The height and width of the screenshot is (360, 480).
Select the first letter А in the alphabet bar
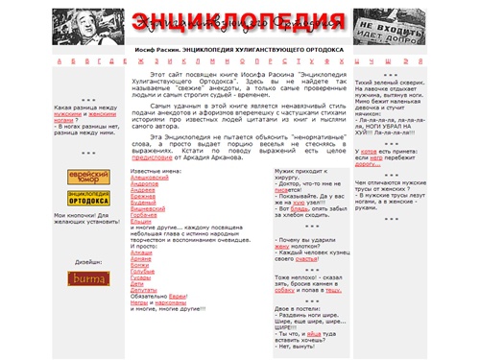coord(59,60)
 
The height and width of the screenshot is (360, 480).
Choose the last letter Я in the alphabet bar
coord(422,60)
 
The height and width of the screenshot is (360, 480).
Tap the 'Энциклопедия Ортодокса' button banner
coord(87,198)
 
